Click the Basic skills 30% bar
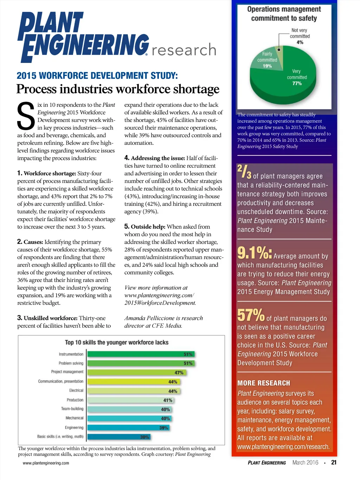pos(119,437)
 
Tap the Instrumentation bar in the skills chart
pos(141,354)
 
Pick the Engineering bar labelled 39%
pos(128,428)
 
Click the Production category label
pos(75,400)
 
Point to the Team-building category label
pos(72,409)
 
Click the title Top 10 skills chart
pos(117,343)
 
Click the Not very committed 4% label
pos(300,36)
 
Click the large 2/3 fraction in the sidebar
pos(244,171)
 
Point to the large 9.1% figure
pos(254,252)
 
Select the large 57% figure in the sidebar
pos(251,315)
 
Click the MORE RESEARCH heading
pos(264,383)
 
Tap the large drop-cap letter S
pos(26,116)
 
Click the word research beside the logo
pos(184,50)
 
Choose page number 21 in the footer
pos(334,462)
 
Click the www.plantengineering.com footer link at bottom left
pos(46,463)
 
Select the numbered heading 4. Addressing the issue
pos(155,158)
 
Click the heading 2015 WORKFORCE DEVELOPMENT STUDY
pos(97,76)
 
